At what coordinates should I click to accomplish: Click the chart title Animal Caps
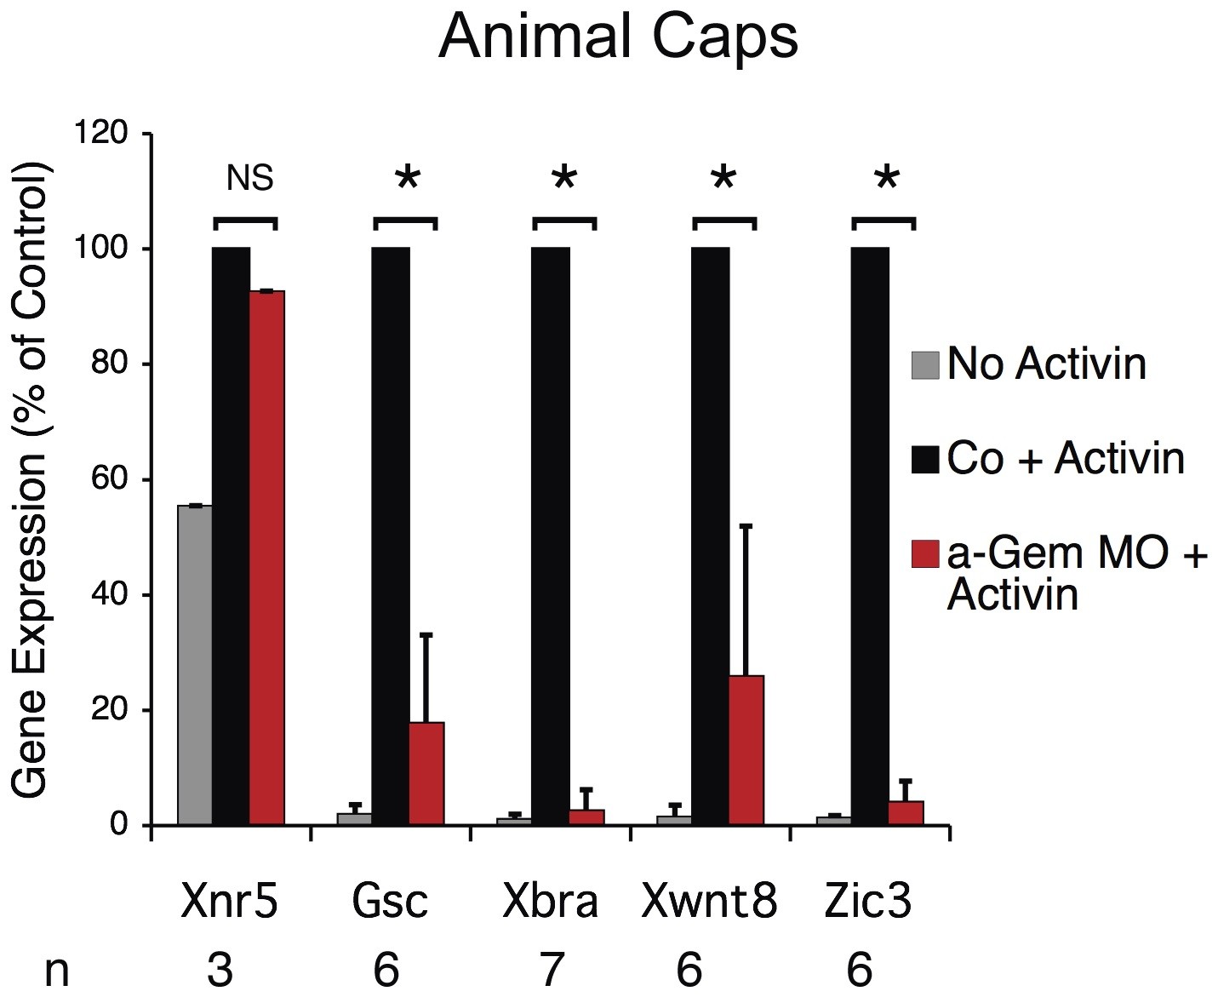[x=618, y=37]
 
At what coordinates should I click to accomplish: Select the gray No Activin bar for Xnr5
[x=195, y=664]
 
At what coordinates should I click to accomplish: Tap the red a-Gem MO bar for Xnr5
[x=266, y=558]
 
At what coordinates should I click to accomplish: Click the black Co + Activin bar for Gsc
[x=391, y=536]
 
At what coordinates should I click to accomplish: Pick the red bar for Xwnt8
[x=746, y=749]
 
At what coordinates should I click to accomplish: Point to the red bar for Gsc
[x=426, y=773]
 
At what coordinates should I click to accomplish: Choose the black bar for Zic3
[x=870, y=536]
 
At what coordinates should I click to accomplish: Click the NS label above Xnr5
[x=249, y=179]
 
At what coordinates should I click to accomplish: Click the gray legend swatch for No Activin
[x=925, y=364]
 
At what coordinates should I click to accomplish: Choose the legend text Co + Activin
[x=1065, y=458]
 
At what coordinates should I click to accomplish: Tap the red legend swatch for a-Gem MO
[x=925, y=553]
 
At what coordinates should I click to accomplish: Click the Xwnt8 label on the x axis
[x=709, y=902]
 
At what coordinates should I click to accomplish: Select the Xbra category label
[x=550, y=902]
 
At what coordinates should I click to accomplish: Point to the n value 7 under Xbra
[x=551, y=969]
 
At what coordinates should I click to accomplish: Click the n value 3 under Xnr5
[x=220, y=969]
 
